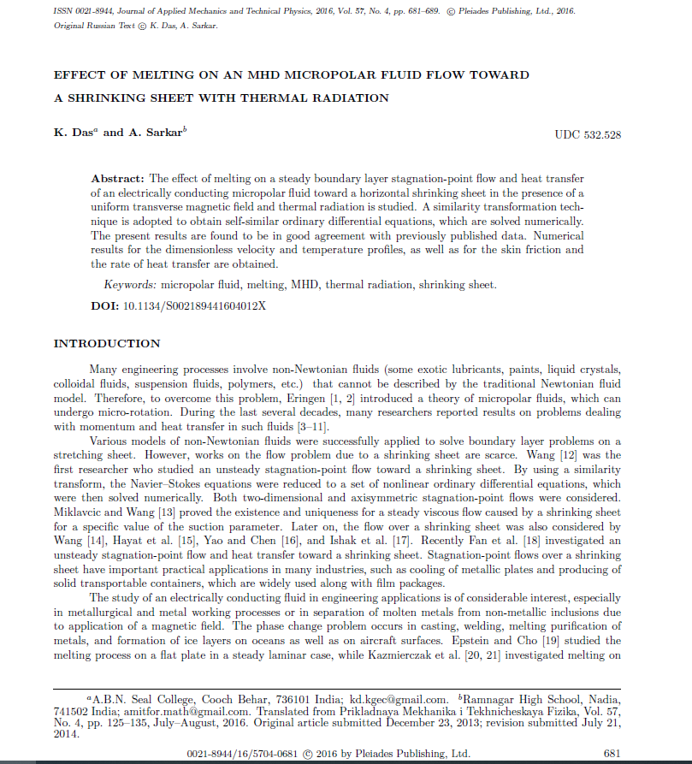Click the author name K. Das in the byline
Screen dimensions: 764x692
point(74,133)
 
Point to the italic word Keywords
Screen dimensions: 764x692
point(131,285)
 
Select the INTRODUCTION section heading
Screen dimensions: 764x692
point(107,344)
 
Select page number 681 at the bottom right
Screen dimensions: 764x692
point(612,754)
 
